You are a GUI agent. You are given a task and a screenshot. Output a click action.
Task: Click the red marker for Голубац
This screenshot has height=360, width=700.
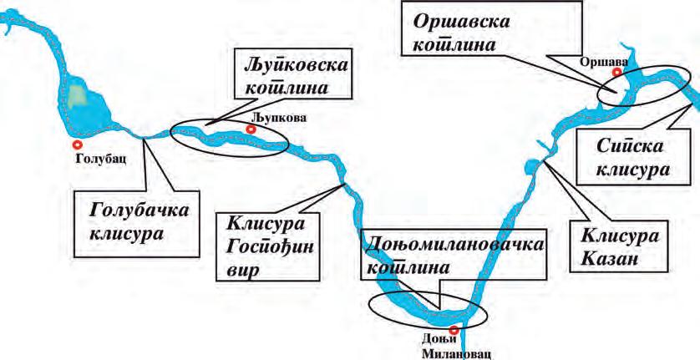coord(78,145)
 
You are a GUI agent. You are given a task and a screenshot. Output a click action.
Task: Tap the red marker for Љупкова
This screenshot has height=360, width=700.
coord(252,129)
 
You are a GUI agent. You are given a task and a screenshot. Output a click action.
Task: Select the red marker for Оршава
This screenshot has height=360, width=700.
coord(616,73)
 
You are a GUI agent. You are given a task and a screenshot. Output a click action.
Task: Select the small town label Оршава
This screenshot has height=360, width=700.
coord(604,60)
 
